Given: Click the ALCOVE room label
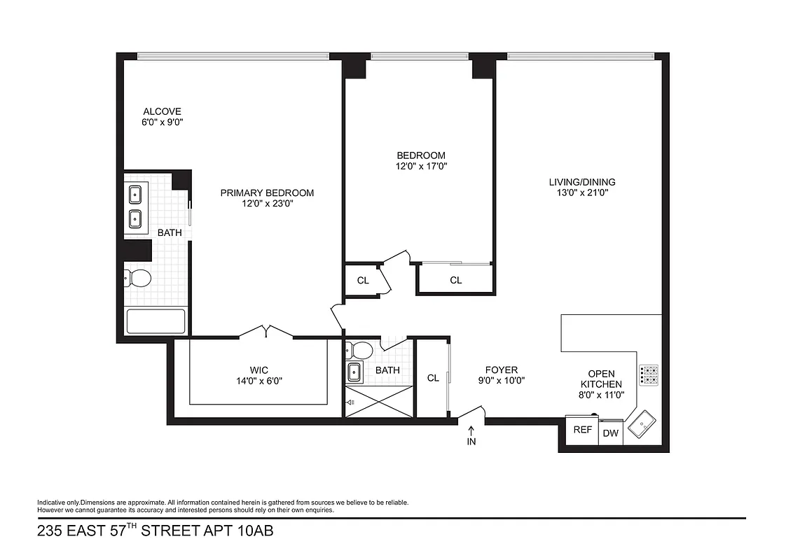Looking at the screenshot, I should click(162, 111).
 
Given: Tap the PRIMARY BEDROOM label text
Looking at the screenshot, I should click(267, 193).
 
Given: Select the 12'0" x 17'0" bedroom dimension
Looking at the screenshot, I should click(421, 167).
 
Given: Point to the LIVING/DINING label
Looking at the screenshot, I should click(582, 182).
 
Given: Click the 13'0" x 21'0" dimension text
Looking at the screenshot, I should click(582, 193).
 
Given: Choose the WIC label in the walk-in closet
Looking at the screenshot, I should click(258, 370).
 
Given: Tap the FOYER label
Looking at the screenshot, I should click(502, 370).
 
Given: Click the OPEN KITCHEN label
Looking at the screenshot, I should click(605, 379).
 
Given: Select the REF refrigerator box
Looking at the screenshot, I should click(583, 430).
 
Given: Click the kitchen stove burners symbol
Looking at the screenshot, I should click(649, 375).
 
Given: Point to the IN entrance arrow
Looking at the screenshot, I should click(471, 436).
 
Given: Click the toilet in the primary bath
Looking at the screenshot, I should click(139, 279).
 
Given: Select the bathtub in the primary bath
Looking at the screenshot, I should click(156, 321).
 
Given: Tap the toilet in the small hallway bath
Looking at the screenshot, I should click(363, 349).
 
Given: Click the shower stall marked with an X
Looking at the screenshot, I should click(378, 403).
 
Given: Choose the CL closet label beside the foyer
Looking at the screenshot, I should click(433, 378).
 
